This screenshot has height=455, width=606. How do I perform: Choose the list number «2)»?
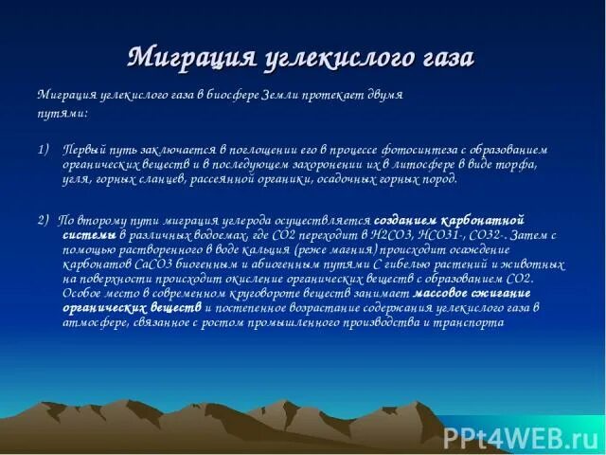(x=45, y=220)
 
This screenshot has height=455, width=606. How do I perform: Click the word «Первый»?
(x=83, y=151)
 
